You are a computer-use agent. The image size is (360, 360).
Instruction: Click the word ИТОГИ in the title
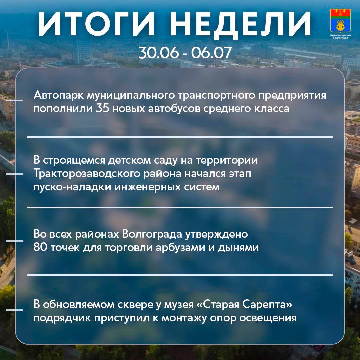tap(96, 23)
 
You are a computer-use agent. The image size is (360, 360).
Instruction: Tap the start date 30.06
tap(158, 53)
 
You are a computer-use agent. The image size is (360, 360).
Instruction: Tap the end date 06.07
tap(211, 53)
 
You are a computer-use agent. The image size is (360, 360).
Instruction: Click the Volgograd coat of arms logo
tap(340, 21)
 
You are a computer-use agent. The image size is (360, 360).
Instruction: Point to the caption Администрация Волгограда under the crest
tap(340, 37)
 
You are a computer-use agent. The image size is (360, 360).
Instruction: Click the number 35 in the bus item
tap(102, 108)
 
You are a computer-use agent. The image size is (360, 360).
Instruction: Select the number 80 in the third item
tap(40, 247)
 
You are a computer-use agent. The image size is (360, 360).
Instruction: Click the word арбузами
tap(181, 247)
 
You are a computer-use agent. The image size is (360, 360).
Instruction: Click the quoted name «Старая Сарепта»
tap(244, 305)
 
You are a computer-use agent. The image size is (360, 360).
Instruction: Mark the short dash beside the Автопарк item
tap(15, 100)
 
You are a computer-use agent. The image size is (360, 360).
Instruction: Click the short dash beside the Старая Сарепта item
tap(15, 310)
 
